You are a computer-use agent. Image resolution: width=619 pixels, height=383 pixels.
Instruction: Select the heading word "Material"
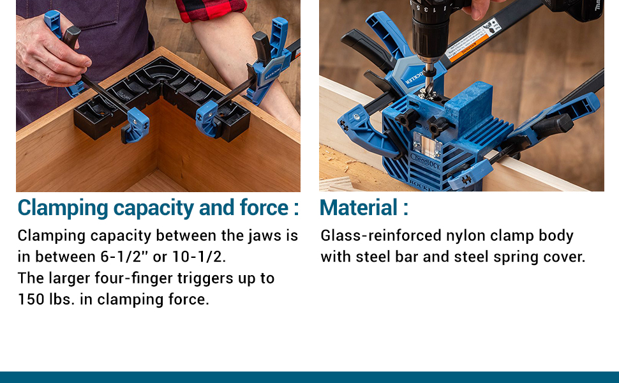click(x=359, y=208)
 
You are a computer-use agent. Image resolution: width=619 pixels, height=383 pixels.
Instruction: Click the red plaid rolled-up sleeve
click(x=211, y=10)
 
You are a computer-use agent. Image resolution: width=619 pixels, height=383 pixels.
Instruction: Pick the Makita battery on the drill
click(x=578, y=10)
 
